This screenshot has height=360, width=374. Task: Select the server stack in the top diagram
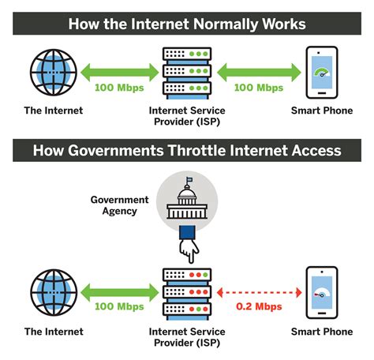[187, 73]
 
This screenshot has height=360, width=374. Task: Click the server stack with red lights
[187, 294]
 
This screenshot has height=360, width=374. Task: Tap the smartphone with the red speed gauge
[322, 293]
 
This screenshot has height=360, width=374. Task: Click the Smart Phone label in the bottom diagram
[322, 332]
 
